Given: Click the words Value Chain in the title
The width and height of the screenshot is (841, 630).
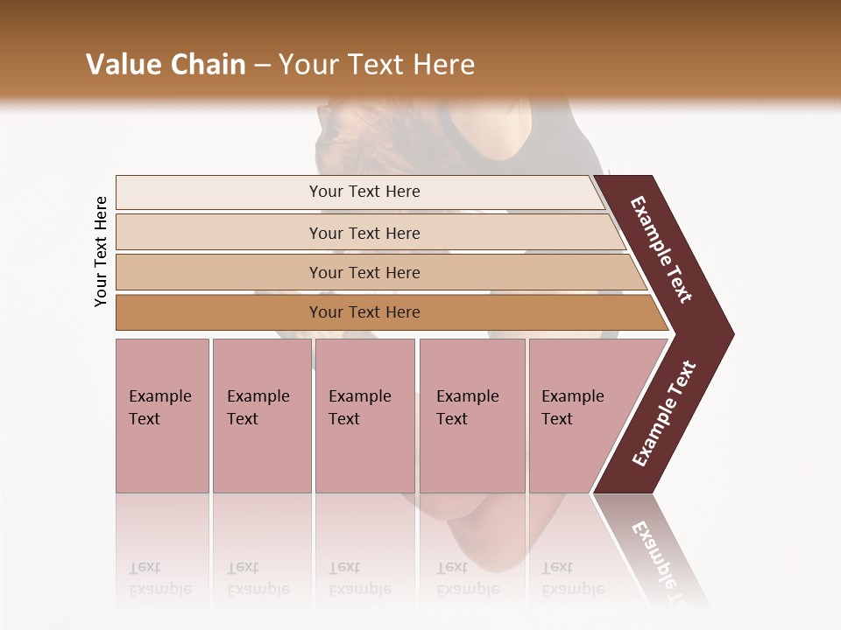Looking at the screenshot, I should (166, 65).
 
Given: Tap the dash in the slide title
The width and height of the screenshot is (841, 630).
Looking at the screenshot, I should (262, 66).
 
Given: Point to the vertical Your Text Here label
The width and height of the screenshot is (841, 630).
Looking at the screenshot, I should (101, 251).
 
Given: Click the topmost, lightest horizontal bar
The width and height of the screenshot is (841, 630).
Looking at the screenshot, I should (364, 192).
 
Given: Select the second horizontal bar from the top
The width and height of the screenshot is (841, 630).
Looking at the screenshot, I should (364, 233).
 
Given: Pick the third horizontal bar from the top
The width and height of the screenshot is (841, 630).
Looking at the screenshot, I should (364, 272).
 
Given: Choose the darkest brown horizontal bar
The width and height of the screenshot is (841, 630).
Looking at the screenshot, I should (364, 312).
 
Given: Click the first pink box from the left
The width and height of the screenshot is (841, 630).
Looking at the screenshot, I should (162, 416).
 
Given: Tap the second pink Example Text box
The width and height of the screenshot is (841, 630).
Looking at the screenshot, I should (261, 416).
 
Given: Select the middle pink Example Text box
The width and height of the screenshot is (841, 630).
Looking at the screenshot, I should (364, 416).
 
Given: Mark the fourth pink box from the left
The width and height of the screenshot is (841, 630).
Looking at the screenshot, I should (471, 416).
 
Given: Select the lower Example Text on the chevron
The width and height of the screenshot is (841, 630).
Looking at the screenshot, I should (664, 413).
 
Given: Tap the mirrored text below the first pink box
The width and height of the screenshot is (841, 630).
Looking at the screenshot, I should (159, 578).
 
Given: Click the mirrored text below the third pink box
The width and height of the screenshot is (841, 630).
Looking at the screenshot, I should (359, 578).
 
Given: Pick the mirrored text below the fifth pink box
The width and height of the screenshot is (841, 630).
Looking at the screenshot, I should (572, 578).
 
